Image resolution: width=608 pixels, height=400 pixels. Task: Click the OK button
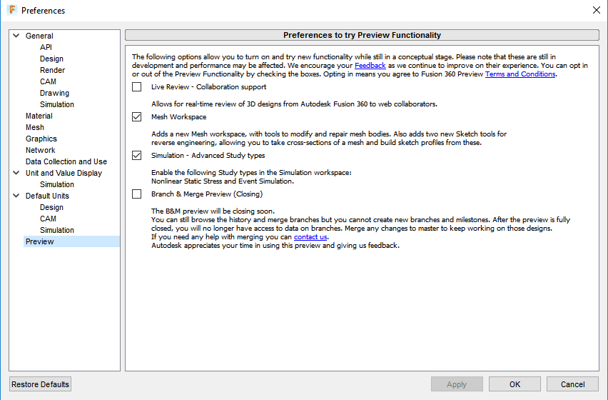(515, 384)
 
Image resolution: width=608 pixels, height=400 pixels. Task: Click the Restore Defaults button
(41, 384)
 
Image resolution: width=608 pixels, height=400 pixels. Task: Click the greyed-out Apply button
(457, 384)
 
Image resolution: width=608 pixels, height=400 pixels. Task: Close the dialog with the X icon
(596, 10)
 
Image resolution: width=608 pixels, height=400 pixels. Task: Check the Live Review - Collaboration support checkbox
(137, 87)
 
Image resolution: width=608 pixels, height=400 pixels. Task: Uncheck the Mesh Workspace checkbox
(137, 117)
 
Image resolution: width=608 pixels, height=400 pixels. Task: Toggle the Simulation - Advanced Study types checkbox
(137, 156)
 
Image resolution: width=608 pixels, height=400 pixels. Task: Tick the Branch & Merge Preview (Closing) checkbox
(137, 194)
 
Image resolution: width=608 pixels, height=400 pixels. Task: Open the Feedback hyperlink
(370, 66)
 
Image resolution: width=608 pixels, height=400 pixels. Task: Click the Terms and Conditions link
(520, 74)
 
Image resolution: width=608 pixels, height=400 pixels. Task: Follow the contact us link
(310, 237)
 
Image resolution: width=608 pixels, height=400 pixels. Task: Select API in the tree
(46, 47)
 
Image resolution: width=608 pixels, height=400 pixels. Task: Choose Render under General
(52, 70)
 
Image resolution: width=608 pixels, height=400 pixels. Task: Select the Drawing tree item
(54, 93)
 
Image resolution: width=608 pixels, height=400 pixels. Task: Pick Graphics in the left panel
(41, 139)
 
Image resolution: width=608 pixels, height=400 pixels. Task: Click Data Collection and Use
(66, 161)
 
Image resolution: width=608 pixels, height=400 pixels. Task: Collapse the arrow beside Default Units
(16, 196)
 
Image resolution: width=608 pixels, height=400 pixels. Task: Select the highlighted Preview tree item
(39, 241)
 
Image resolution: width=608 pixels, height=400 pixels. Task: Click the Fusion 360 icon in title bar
(12, 10)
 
